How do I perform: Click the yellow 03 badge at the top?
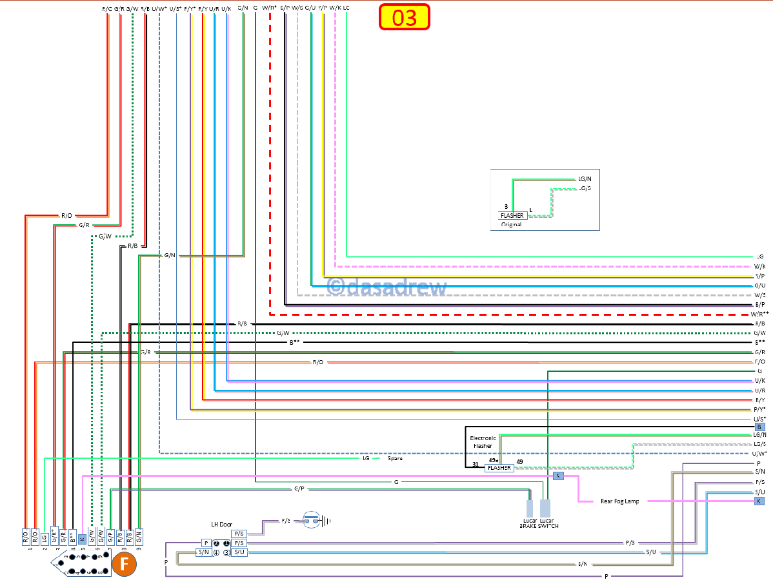(x=404, y=17)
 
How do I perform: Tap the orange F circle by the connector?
(x=125, y=565)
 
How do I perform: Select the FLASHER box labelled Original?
(x=512, y=215)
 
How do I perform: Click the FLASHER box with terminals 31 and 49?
(x=499, y=468)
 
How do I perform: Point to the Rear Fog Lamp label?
(x=619, y=501)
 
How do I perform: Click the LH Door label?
(x=221, y=524)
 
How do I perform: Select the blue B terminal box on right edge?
(x=759, y=427)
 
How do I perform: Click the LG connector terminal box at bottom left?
(x=45, y=536)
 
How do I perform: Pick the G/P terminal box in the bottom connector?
(x=110, y=536)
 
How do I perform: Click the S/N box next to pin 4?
(x=203, y=552)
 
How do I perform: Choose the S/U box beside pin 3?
(x=239, y=552)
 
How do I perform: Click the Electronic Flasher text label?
(x=483, y=441)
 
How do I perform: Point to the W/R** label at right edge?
(x=759, y=314)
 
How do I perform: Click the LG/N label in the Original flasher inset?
(x=585, y=179)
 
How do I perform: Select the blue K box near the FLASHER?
(x=557, y=476)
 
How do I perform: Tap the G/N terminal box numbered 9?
(x=138, y=536)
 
